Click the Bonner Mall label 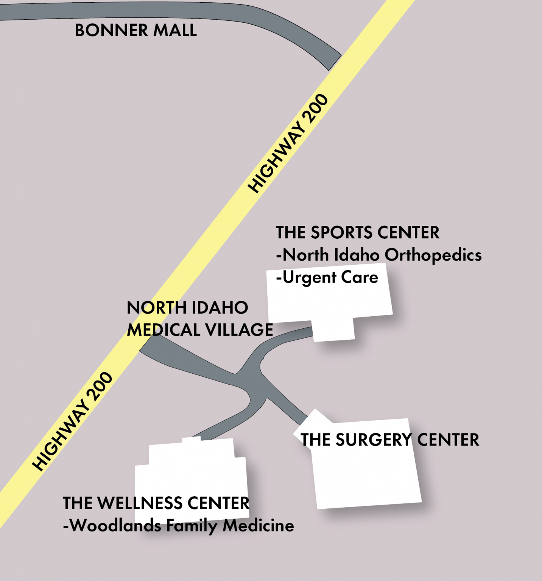135,30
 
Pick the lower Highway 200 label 72,421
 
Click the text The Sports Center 357,232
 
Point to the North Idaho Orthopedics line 379,255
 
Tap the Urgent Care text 327,278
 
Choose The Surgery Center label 389,440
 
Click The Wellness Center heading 156,503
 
